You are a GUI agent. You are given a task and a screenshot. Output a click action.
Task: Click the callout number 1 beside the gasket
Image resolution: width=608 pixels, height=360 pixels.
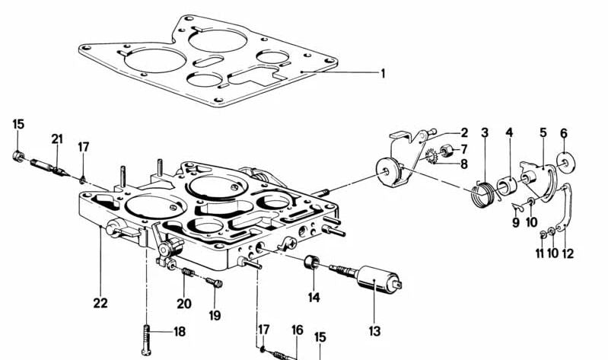[x=383, y=73]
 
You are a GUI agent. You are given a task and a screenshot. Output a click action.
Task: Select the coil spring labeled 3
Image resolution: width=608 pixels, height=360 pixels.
[x=482, y=193]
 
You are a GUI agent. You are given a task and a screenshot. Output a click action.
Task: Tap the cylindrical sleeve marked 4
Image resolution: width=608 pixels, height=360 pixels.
[x=506, y=185]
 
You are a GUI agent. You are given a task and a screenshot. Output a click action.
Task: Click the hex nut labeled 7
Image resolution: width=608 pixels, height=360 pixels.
[x=446, y=150]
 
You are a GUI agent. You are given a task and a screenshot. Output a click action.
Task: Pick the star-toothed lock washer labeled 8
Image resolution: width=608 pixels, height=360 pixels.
[x=431, y=156]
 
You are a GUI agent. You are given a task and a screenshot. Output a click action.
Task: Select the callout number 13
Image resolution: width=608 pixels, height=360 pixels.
[x=374, y=331]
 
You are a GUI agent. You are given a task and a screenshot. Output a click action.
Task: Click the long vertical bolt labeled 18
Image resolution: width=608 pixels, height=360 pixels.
[x=146, y=339]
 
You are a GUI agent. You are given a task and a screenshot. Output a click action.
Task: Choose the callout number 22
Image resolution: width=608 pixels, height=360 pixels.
[x=100, y=303]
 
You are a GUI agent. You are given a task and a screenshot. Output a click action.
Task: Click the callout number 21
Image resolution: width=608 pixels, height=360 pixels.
[x=57, y=139]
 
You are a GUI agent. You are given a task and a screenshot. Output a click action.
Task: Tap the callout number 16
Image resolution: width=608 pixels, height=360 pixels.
[x=297, y=330]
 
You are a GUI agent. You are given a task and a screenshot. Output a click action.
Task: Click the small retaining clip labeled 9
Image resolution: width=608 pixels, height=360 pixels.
[x=517, y=207]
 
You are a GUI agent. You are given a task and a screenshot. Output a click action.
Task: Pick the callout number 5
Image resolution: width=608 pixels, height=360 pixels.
[x=543, y=132]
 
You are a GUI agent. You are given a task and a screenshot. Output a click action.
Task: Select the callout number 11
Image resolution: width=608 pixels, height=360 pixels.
[x=540, y=253]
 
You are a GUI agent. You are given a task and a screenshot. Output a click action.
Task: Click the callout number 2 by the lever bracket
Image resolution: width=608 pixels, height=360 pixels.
[x=464, y=133]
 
